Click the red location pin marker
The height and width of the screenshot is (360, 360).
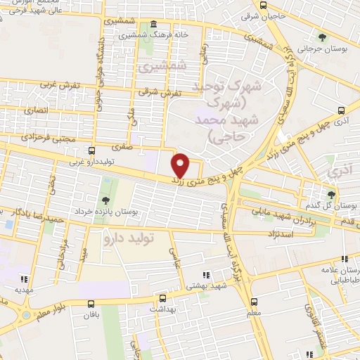(x=181, y=166)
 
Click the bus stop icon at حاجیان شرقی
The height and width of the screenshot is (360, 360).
(x=262, y=4)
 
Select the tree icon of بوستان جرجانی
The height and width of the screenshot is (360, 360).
(x=322, y=37)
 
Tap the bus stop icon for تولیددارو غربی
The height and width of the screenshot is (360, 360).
(x=91, y=150)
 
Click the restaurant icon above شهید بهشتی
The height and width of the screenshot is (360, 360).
(x=205, y=275)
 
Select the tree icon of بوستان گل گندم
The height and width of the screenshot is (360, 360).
(x=331, y=194)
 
